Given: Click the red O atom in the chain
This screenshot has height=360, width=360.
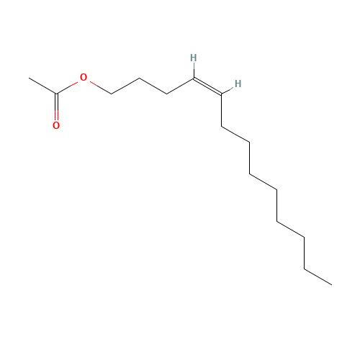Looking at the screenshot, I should click(84, 77).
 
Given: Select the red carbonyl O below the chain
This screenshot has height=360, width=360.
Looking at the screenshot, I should click(56, 125).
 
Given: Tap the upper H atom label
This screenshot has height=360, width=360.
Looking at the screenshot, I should click(194, 58).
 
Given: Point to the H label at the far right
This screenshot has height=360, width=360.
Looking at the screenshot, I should click(238, 84).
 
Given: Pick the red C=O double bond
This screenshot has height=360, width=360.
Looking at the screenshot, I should click(56, 109).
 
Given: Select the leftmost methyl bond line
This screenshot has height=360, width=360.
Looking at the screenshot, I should click(43, 86).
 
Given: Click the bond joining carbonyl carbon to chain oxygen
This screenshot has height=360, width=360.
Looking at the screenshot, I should click(69, 86).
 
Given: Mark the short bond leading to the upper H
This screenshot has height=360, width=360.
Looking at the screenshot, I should click(194, 70).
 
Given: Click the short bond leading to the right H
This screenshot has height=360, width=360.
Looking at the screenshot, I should click(228, 89).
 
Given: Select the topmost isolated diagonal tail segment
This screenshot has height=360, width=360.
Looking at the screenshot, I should click(235, 134).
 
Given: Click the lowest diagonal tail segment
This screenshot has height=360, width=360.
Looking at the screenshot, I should click(318, 276).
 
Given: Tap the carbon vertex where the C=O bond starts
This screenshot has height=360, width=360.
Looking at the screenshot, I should click(56, 94).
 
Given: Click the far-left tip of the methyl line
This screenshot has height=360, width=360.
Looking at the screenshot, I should click(30, 78).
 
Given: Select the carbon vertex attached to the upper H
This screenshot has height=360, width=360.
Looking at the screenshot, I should click(194, 78).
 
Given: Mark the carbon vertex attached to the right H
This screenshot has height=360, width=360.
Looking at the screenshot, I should click(222, 94).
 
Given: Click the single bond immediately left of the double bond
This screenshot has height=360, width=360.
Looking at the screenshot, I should click(181, 86).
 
